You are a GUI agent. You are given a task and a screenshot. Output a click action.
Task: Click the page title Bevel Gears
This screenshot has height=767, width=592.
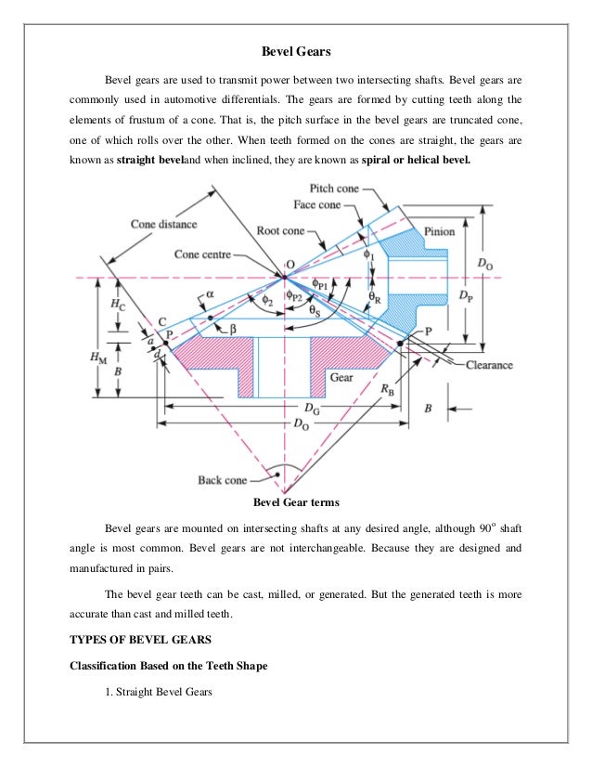pyautogui.click(x=294, y=50)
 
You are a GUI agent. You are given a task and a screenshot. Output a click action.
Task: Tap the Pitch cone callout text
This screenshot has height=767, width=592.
pyautogui.click(x=334, y=188)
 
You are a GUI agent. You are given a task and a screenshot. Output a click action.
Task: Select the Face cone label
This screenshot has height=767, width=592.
pyautogui.click(x=316, y=205)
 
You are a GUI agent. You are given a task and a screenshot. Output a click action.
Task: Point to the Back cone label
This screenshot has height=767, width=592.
pyautogui.click(x=223, y=480)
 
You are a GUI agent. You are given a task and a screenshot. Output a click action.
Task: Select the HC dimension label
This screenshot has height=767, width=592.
pyautogui.click(x=115, y=304)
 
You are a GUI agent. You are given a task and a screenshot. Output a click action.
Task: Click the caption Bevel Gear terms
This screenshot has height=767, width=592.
pyautogui.click(x=295, y=503)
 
